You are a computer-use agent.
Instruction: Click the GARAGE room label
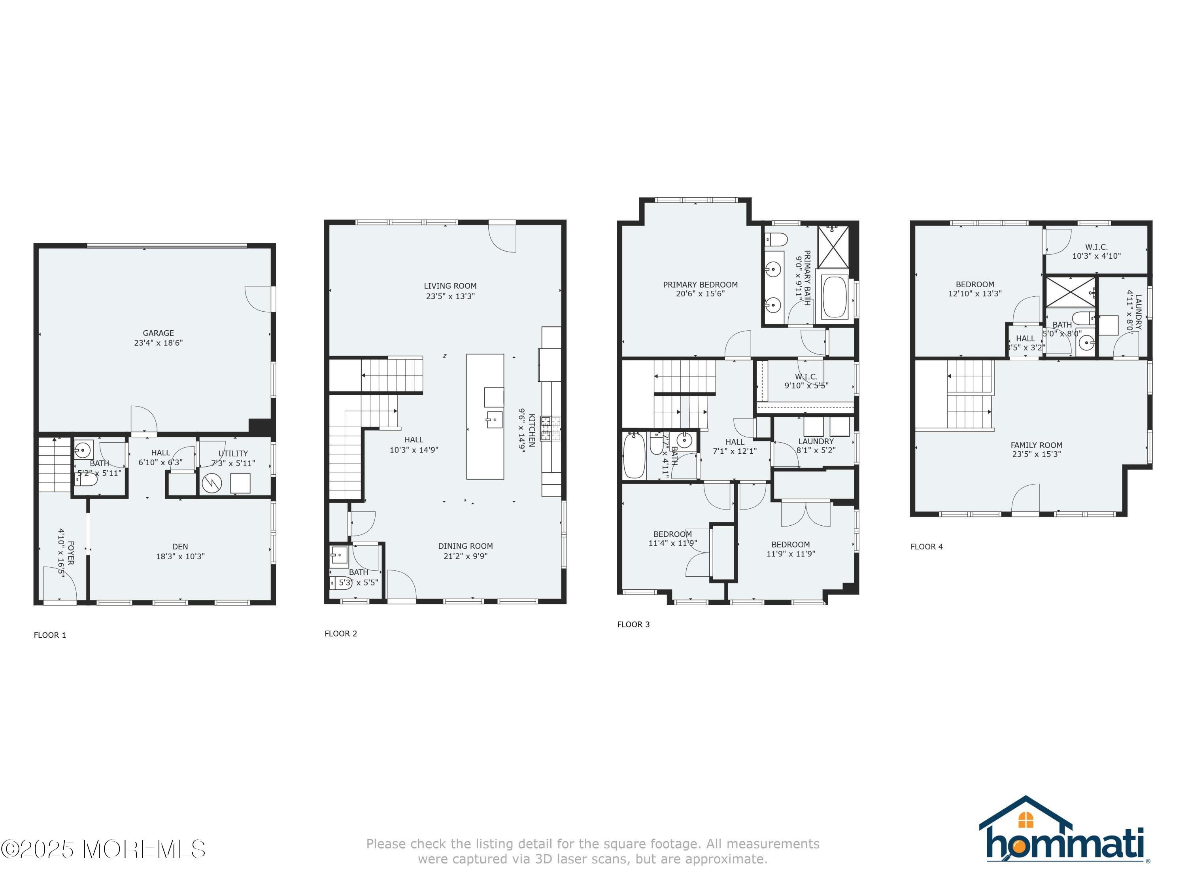(x=158, y=333)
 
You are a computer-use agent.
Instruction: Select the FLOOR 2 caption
(x=340, y=634)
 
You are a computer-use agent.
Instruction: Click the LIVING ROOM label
(x=450, y=286)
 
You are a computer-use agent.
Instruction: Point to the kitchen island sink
(x=494, y=420)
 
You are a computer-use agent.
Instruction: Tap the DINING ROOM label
(x=465, y=546)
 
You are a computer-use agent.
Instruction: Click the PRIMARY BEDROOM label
(x=700, y=285)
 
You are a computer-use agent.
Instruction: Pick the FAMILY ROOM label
(x=1036, y=445)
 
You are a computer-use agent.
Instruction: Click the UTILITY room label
(x=233, y=453)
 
